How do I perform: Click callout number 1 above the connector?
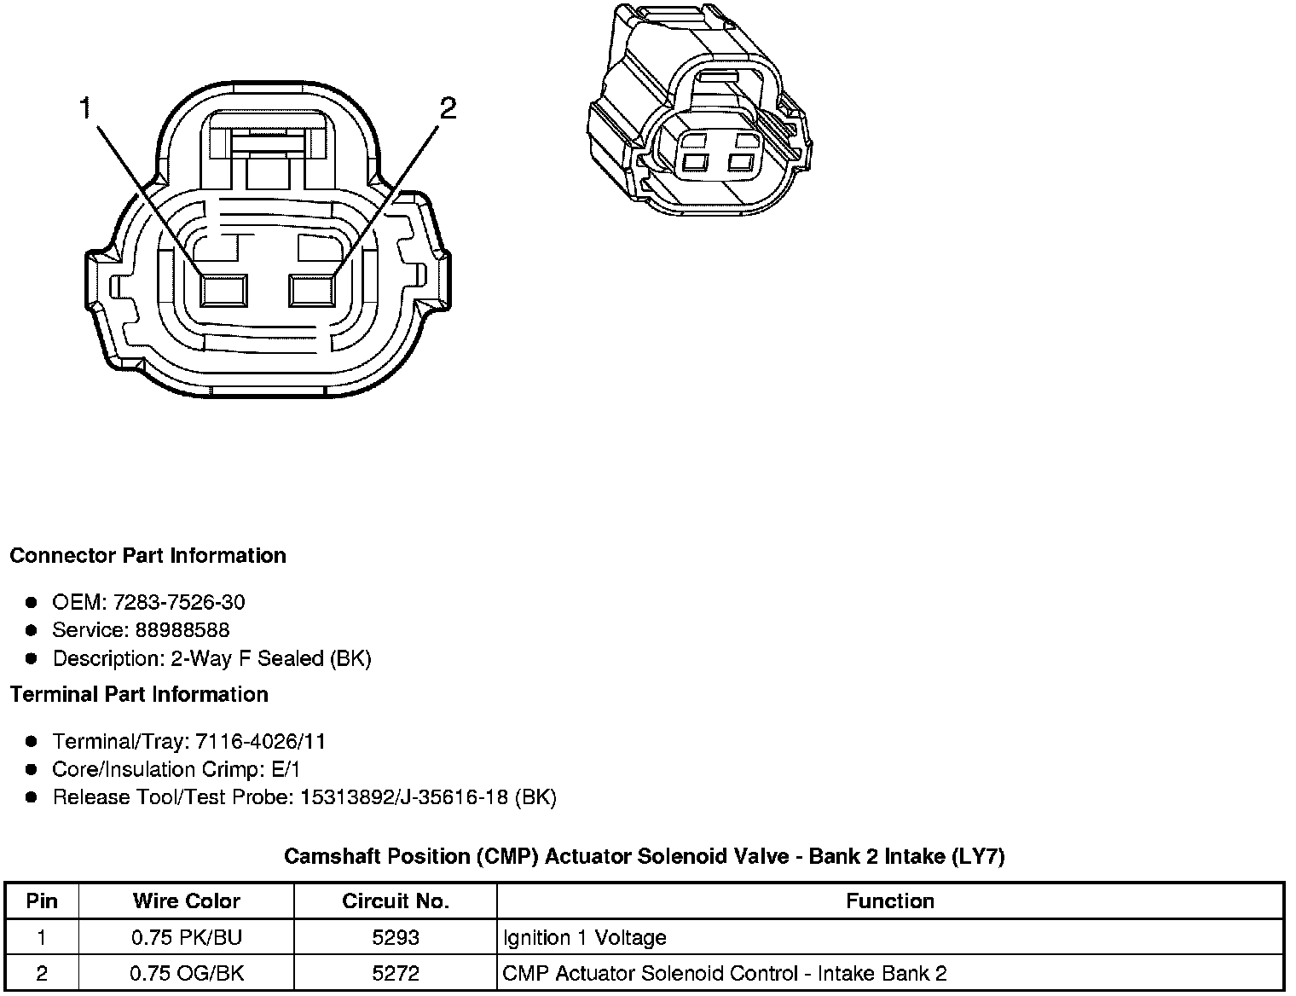(x=85, y=108)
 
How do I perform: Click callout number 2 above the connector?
(x=448, y=108)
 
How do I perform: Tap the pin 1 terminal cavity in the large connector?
(x=223, y=291)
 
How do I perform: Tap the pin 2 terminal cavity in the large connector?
(x=313, y=291)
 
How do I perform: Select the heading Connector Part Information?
(x=148, y=556)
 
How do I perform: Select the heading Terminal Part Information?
(x=139, y=695)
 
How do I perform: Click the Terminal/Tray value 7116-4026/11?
(x=260, y=742)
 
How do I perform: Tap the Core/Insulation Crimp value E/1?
(x=286, y=770)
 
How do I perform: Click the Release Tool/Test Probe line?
(x=304, y=798)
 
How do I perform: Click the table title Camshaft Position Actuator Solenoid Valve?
(x=644, y=856)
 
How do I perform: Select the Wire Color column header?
(x=186, y=901)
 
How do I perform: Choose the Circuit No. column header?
(x=395, y=901)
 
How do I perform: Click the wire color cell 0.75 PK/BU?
(x=186, y=938)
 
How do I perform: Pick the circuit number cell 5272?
(x=395, y=974)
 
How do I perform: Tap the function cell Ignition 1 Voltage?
(x=584, y=938)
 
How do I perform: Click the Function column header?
(x=889, y=901)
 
